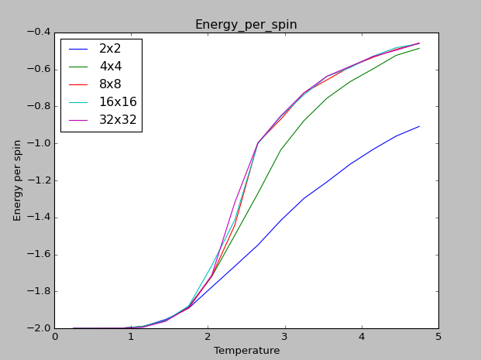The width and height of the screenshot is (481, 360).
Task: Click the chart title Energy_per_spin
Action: [246, 25]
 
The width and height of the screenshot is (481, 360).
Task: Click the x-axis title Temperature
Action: [246, 351]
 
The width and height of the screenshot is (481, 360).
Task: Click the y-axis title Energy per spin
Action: [18, 180]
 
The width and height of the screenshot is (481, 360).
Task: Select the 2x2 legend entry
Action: [109, 48]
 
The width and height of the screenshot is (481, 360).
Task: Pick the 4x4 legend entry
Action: [109, 66]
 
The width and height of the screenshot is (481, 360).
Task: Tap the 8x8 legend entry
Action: [109, 84]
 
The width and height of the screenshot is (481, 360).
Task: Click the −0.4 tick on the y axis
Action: [39, 33]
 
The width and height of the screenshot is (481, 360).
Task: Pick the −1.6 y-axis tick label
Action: [39, 255]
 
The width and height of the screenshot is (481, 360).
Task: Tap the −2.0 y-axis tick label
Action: [39, 328]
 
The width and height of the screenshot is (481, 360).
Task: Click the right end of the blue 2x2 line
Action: [419, 126]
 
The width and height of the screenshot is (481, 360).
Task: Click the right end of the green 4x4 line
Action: [419, 48]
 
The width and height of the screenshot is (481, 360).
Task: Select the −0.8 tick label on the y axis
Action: [39, 107]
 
